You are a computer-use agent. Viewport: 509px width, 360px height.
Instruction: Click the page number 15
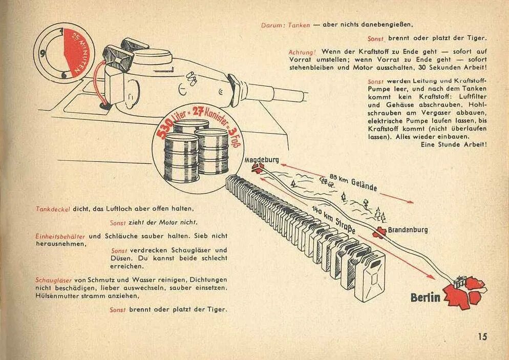[x=482, y=336]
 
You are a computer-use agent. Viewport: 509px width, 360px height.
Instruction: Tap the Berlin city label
[x=425, y=298]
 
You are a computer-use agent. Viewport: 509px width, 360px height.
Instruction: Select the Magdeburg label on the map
[x=261, y=160]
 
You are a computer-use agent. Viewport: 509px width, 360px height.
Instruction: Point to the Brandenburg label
[x=407, y=230]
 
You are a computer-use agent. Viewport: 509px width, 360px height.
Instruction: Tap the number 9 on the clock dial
[x=43, y=52]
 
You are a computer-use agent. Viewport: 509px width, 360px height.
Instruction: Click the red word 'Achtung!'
[x=302, y=52]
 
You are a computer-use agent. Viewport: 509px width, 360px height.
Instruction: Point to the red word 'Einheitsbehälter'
[x=61, y=237]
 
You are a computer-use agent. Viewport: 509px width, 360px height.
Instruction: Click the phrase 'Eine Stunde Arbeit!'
[x=453, y=144]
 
